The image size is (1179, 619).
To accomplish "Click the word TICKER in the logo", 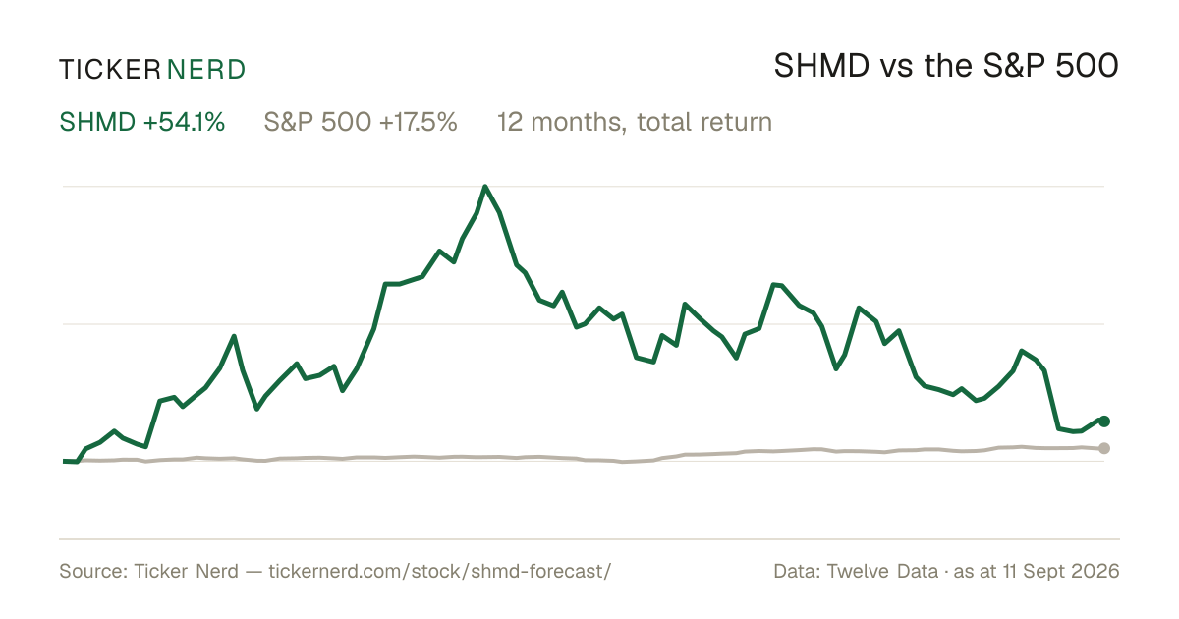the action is click(x=109, y=70).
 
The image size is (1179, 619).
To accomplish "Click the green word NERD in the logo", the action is click(x=205, y=70).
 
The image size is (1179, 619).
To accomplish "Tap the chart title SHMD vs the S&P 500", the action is click(x=946, y=66).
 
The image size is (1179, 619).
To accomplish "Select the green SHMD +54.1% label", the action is click(x=142, y=122).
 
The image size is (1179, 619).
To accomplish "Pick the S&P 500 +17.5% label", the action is click(x=361, y=122).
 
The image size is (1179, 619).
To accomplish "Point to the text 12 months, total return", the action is click(x=635, y=122).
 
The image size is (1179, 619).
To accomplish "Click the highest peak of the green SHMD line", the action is click(x=484, y=187).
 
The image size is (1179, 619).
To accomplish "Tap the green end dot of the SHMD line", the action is click(x=1104, y=422).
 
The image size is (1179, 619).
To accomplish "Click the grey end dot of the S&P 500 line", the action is click(x=1104, y=448).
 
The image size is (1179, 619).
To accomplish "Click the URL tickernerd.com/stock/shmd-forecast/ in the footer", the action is click(x=440, y=571).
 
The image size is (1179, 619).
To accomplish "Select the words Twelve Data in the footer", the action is click(x=882, y=571).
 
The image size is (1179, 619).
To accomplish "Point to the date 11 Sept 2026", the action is click(x=1060, y=571).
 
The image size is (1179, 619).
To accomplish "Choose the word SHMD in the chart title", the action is click(x=821, y=66).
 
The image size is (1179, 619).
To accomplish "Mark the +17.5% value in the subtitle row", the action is click(x=418, y=122).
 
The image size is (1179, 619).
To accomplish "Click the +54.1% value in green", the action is click(x=185, y=122).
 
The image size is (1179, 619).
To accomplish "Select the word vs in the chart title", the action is click(x=896, y=69).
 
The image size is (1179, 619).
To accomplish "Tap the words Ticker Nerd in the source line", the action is click(x=187, y=571).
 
